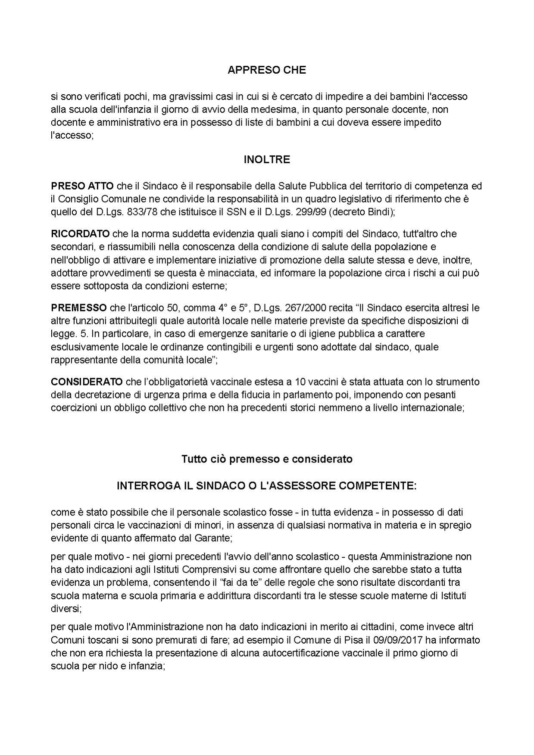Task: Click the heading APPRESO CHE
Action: (x=267, y=70)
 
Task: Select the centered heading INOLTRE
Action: (x=267, y=160)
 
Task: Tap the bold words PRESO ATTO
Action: (x=82, y=186)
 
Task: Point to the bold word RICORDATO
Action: (x=80, y=234)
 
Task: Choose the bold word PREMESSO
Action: (x=79, y=308)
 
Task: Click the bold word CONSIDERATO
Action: (x=87, y=382)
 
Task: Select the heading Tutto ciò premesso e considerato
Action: (x=267, y=459)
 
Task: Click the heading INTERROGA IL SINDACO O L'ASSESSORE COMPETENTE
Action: (x=267, y=486)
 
